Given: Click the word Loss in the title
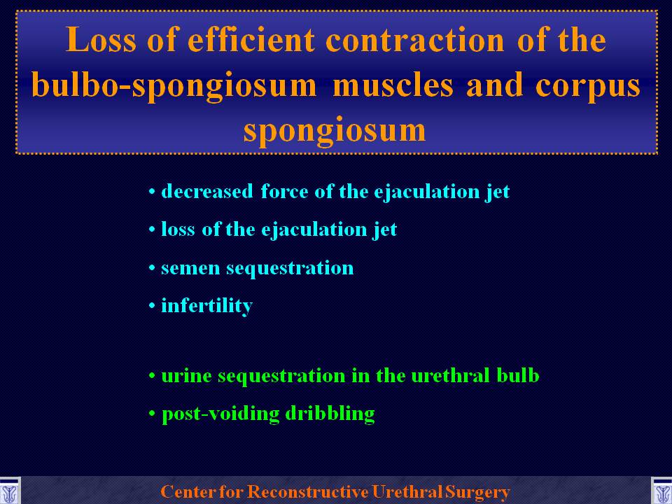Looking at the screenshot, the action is click(101, 40).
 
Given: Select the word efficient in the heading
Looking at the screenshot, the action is click(251, 39).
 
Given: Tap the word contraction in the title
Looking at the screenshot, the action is click(415, 41).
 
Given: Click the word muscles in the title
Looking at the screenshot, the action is click(393, 85).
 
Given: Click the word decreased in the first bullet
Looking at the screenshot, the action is click(207, 191).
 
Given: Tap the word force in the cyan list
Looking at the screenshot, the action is click(284, 191).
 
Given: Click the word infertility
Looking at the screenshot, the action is click(206, 306).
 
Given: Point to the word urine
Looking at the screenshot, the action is click(186, 377).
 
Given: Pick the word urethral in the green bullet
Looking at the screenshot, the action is click(450, 375).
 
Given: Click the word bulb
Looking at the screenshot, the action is click(518, 375).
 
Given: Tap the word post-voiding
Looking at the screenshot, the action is click(220, 414).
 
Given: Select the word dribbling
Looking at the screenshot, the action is click(330, 414).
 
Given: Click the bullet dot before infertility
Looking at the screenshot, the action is click(152, 306).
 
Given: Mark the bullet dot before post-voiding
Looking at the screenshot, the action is click(152, 414).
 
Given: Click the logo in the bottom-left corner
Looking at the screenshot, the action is click(9, 491).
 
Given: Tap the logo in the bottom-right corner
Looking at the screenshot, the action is click(661, 491).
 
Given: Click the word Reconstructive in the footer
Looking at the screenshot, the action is click(308, 491).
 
